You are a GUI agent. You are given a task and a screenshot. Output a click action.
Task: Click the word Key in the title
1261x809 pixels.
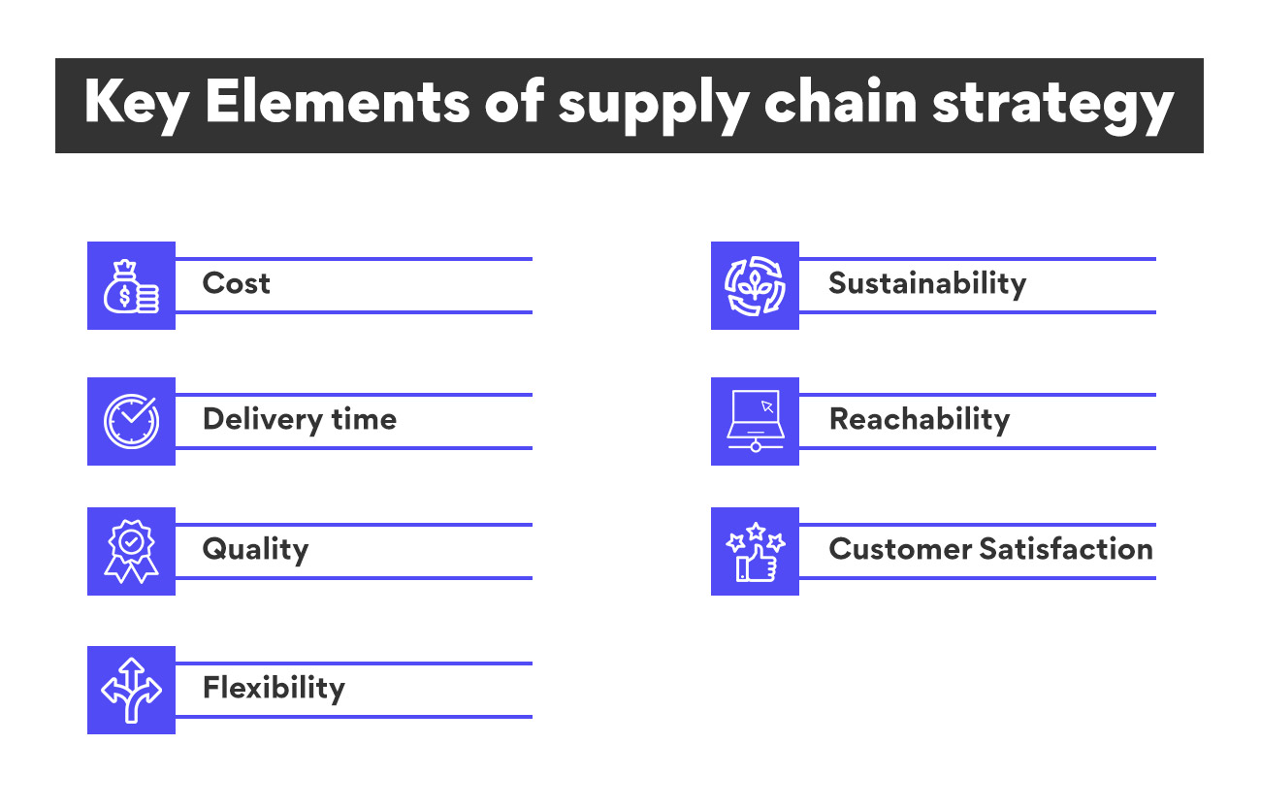[135, 105]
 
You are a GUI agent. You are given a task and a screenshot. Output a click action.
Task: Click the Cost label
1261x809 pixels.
[236, 284]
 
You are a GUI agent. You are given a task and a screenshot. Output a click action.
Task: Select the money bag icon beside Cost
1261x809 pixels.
[131, 286]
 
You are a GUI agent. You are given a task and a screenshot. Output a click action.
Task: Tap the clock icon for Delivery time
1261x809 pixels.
[131, 422]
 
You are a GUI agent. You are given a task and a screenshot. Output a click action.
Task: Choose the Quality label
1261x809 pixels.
[255, 550]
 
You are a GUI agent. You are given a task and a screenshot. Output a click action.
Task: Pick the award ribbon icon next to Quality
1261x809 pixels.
[131, 551]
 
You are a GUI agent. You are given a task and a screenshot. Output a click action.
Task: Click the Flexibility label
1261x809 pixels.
[274, 689]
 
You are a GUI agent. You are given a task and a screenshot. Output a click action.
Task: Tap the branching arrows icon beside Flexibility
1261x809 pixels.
[131, 690]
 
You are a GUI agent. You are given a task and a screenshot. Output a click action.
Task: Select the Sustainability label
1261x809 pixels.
[926, 284]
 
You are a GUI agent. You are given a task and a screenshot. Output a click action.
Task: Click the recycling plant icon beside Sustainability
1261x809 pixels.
[755, 286]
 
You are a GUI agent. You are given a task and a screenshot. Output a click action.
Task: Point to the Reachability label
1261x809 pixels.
[919, 419]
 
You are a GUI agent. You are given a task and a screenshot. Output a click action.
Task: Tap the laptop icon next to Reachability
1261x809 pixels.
[755, 422]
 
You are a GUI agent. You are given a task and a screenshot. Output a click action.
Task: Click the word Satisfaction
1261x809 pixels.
[1066, 549]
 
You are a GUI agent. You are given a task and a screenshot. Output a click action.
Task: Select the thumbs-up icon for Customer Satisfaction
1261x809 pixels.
[755, 551]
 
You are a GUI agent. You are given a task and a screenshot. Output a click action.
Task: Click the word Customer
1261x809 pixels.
[899, 549]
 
